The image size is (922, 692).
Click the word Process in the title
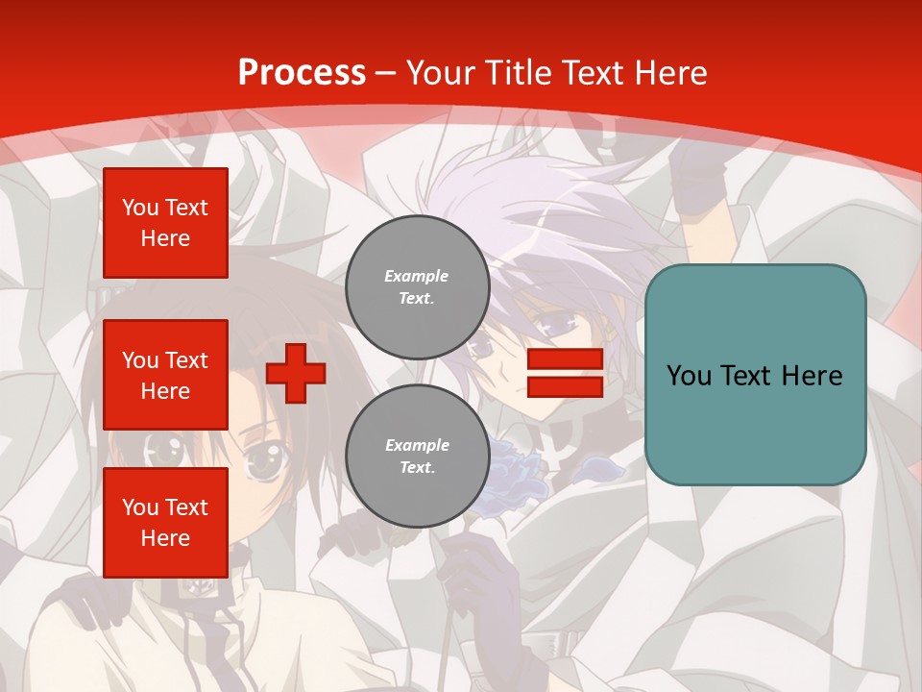pyautogui.click(x=302, y=73)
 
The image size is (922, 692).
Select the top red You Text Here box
pyautogui.click(x=165, y=223)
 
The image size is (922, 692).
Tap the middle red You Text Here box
pyautogui.click(x=165, y=375)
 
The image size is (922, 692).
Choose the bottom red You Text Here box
pyautogui.click(x=165, y=522)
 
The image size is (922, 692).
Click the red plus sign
pyautogui.click(x=296, y=373)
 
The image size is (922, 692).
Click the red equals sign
pyautogui.click(x=565, y=373)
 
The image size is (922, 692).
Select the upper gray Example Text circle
pyautogui.click(x=417, y=287)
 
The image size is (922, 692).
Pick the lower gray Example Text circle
pyautogui.click(x=417, y=457)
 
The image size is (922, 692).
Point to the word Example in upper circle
pyautogui.click(x=417, y=277)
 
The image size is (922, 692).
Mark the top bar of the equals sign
pyautogui.click(x=565, y=359)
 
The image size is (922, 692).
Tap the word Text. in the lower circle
pyautogui.click(x=417, y=468)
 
